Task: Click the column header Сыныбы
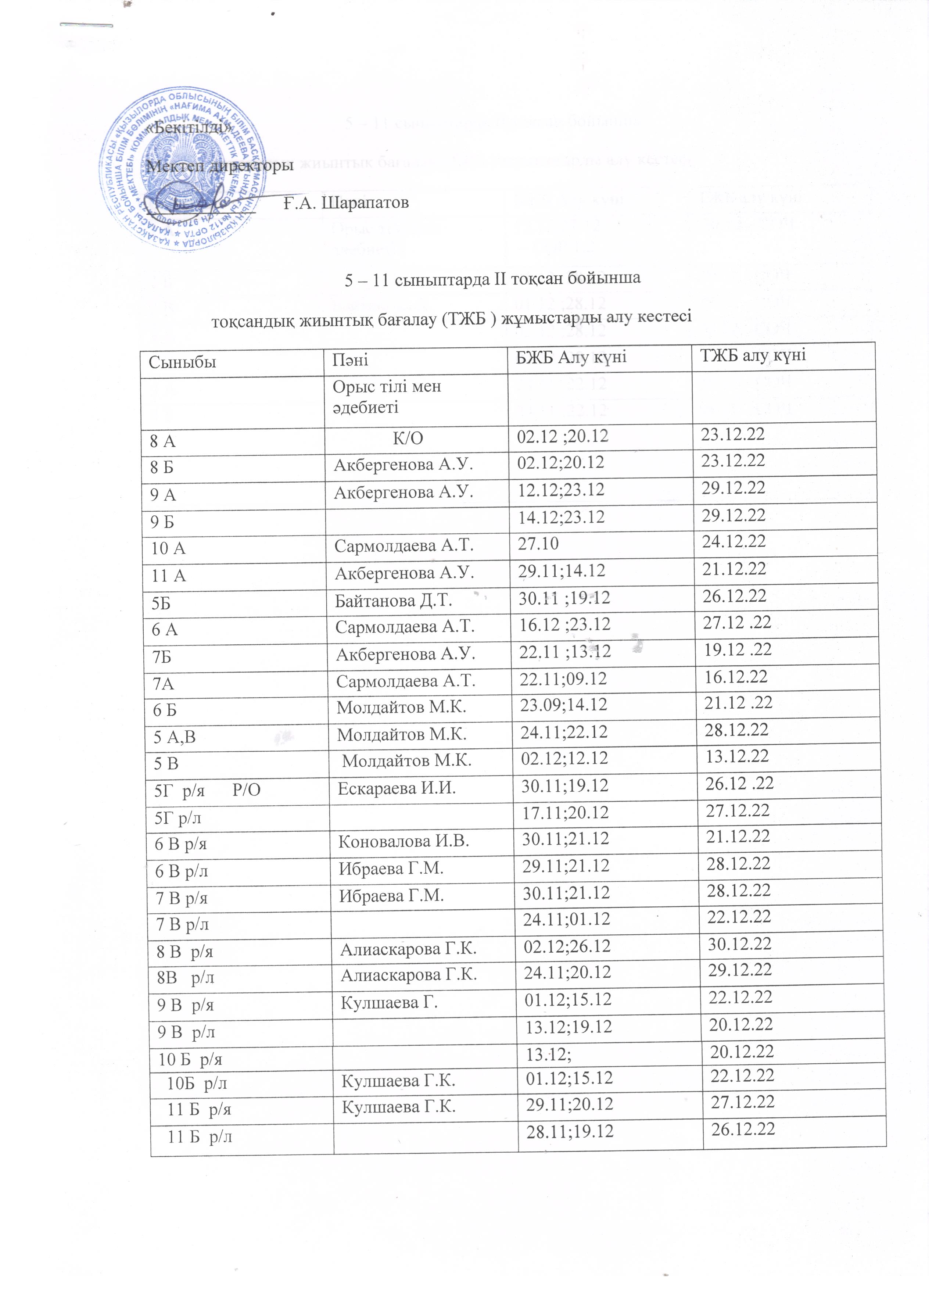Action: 182,361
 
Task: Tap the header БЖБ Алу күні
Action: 570,358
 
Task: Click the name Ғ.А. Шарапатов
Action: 347,202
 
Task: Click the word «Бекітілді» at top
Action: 190,128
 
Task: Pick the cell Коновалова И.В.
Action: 403,841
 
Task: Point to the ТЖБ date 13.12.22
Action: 736,756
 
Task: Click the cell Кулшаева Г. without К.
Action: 389,1003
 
